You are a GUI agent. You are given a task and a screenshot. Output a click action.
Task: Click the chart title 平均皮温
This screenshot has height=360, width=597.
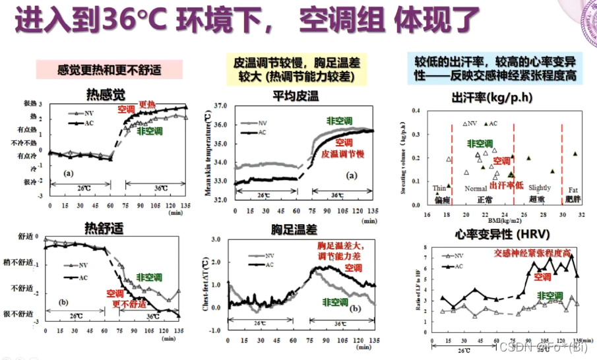[295, 96]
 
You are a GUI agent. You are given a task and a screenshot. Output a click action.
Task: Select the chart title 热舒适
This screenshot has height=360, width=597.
[104, 227]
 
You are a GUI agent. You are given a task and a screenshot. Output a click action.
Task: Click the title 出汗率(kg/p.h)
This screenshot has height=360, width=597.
[491, 98]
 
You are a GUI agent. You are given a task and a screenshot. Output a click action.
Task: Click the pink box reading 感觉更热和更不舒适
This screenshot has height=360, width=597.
[109, 69]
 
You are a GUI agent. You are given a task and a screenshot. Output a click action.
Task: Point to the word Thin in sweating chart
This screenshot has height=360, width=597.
[440, 188]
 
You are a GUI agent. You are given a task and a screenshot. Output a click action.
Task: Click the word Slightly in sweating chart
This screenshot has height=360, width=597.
[540, 188]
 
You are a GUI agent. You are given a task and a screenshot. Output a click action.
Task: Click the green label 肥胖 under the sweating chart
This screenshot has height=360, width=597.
[573, 198]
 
